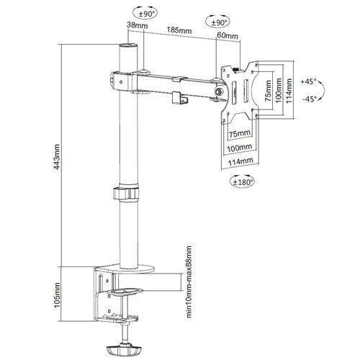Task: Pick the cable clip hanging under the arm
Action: [177, 96]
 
